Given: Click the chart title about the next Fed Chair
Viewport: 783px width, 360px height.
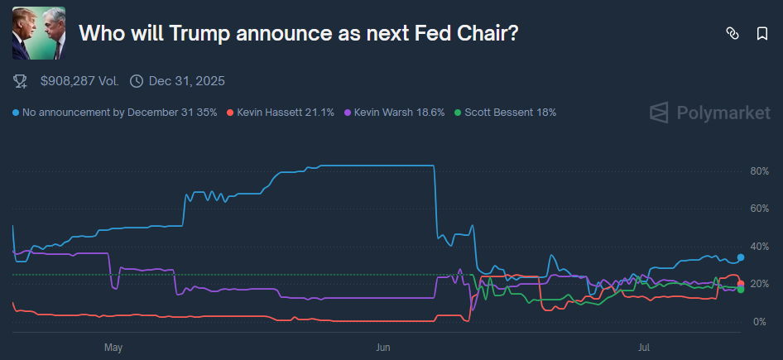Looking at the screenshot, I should (299, 33).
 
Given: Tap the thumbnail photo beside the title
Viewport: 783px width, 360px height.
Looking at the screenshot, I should (39, 33).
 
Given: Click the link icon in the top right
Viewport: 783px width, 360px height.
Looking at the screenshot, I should (732, 33).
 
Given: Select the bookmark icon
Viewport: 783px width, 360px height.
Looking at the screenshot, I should (762, 33).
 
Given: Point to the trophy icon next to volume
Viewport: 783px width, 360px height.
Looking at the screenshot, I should (20, 81).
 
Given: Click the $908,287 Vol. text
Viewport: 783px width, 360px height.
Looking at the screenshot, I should (79, 81).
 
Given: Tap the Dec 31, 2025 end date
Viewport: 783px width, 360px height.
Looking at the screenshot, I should (186, 81).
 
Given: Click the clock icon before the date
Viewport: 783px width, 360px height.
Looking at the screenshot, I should (137, 81).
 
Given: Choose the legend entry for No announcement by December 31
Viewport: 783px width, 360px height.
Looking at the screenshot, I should (117, 112).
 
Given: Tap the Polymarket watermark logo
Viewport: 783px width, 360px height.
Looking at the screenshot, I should (709, 113).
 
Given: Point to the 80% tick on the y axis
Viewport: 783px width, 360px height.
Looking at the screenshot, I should (759, 171).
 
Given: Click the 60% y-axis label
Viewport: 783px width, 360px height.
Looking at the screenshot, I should (759, 209).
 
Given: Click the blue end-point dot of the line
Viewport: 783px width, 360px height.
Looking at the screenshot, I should (741, 257).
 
